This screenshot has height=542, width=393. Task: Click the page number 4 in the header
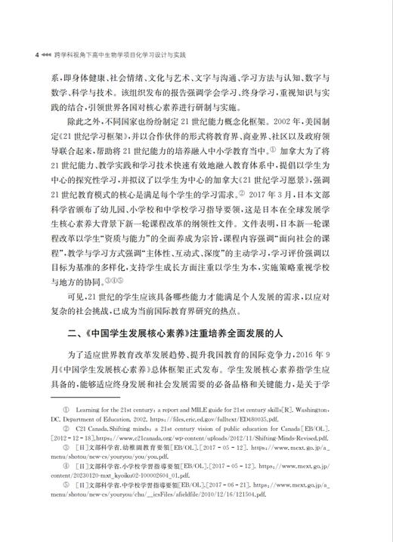26,55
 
